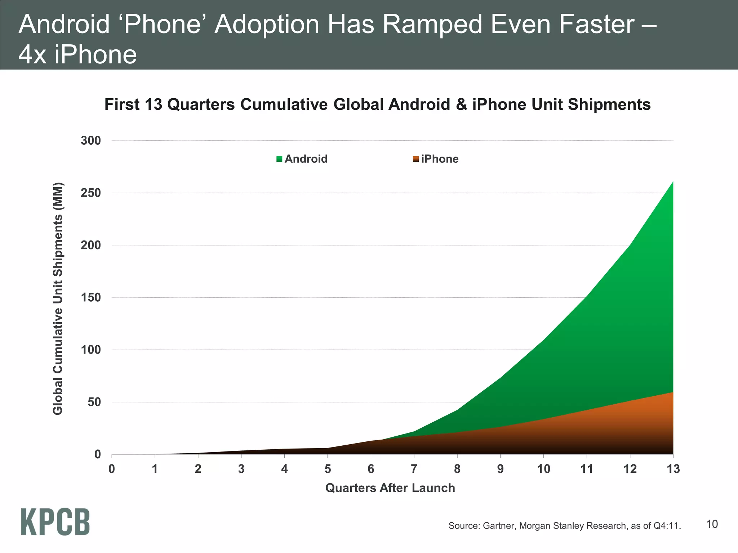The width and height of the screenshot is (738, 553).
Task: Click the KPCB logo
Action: [55, 522]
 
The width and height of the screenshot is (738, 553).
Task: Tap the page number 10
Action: [712, 524]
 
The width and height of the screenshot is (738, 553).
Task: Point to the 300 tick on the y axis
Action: [91, 141]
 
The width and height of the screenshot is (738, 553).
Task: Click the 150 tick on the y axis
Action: [91, 298]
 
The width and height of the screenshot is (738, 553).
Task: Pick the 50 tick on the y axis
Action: [94, 402]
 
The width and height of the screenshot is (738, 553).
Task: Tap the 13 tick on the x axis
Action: [673, 469]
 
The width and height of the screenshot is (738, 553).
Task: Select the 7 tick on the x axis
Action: [414, 469]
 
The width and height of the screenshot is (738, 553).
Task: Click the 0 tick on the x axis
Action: [112, 469]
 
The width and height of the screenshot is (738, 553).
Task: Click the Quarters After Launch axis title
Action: [390, 488]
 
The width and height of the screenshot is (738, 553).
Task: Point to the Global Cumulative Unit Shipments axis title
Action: [58, 299]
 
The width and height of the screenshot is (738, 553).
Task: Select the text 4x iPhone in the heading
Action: [77, 55]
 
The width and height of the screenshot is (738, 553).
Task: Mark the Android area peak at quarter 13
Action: [672, 183]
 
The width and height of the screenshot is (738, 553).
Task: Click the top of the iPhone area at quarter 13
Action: [672, 393]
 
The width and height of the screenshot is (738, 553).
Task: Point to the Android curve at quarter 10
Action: [543, 340]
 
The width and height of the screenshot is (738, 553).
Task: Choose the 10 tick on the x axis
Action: [543, 469]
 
